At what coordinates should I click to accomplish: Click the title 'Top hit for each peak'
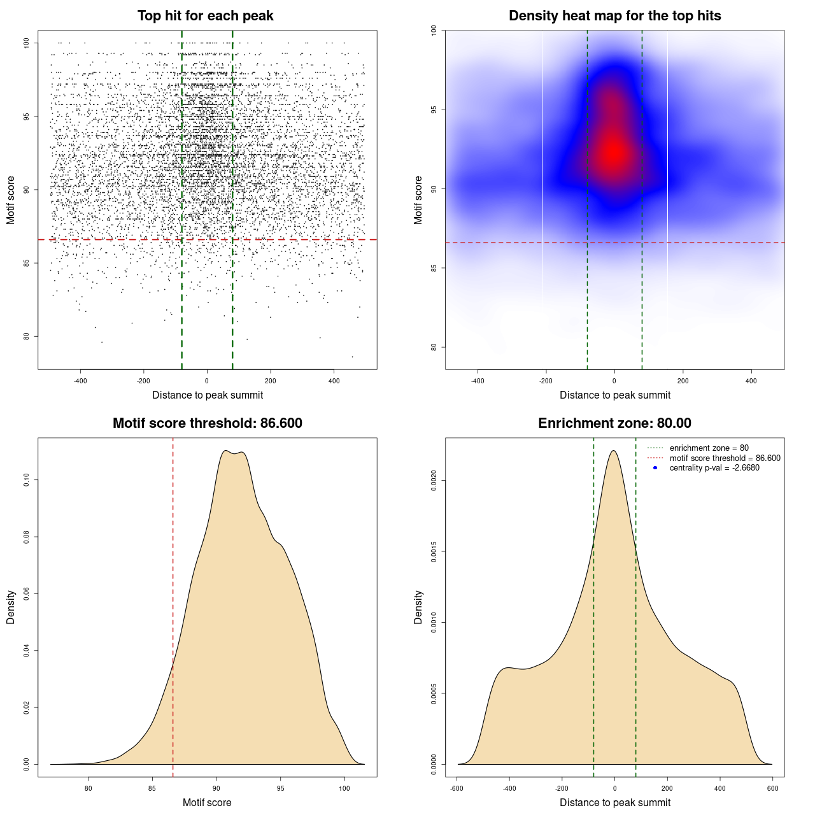[206, 16]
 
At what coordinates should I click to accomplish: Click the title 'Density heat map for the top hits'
[614, 16]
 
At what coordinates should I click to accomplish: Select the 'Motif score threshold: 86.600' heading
[207, 423]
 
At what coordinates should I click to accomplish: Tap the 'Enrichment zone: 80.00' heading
[614, 423]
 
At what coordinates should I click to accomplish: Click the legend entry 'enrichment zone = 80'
[709, 448]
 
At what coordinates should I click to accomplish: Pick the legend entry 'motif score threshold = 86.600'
[725, 458]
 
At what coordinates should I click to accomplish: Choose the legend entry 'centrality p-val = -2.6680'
[714, 468]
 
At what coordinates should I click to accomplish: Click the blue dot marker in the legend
[655, 468]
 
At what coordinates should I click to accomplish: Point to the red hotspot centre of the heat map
[613, 152]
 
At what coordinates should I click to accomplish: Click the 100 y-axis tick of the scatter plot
[27, 43]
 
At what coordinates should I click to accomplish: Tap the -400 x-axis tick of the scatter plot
[80, 381]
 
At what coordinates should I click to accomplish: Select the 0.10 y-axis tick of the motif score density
[27, 480]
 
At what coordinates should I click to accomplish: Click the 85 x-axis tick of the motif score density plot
[152, 789]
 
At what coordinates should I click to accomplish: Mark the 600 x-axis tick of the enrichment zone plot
[772, 789]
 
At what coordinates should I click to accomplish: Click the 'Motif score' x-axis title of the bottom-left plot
[207, 803]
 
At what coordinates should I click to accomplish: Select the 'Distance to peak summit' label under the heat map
[614, 395]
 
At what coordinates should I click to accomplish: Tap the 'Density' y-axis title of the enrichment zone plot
[418, 607]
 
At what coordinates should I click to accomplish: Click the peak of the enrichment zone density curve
[614, 451]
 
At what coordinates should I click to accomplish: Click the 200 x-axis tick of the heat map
[683, 381]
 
